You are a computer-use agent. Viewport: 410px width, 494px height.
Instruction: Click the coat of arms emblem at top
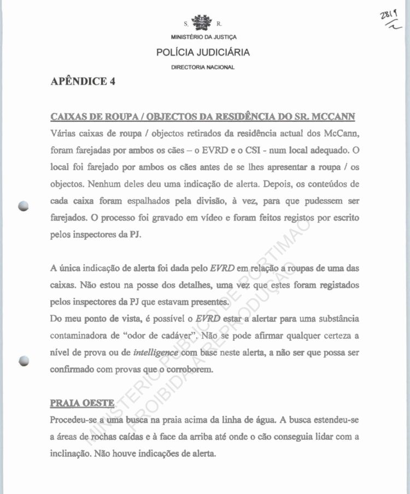pos(203,24)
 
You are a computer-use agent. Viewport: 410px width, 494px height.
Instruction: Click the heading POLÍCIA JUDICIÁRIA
pos(203,53)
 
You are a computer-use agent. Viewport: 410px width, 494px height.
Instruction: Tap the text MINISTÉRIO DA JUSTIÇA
pos(203,37)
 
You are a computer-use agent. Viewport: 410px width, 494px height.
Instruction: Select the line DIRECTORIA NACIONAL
pos(203,67)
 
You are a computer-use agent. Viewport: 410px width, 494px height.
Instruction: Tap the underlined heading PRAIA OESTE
pos(82,404)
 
